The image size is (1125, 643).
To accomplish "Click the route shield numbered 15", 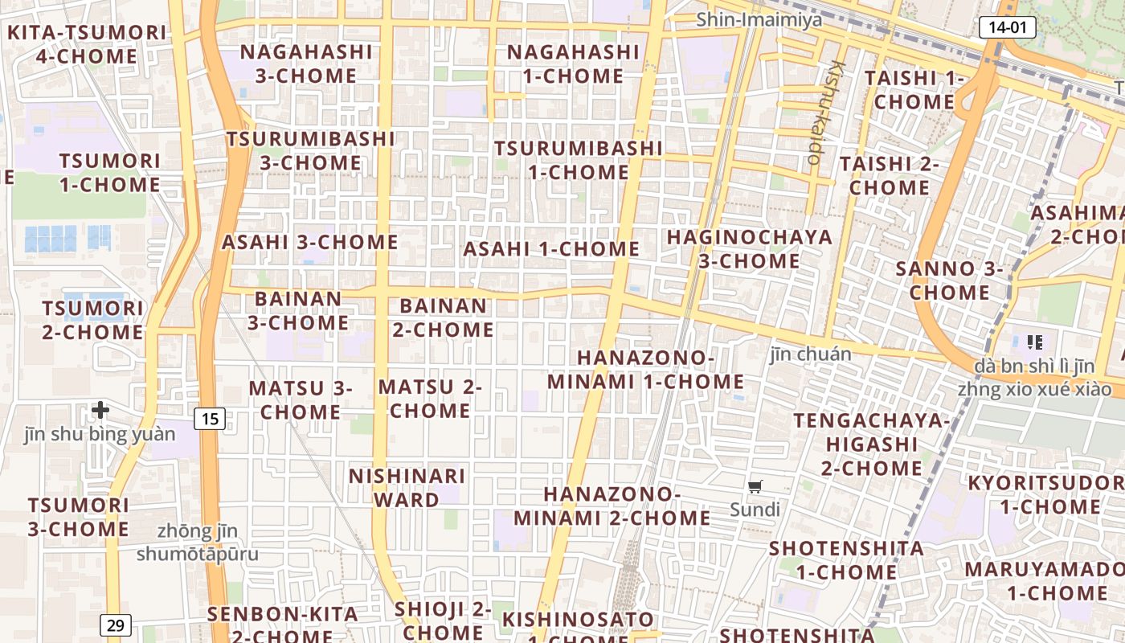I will [210, 419].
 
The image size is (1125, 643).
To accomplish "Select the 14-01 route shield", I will [1007, 27].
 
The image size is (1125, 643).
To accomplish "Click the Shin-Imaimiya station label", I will [759, 19].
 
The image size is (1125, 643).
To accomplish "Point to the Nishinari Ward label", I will [407, 488].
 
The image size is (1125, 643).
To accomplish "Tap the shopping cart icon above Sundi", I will [755, 486].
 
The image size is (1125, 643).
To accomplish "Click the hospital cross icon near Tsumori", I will [100, 411].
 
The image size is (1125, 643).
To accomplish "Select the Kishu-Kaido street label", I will [826, 113].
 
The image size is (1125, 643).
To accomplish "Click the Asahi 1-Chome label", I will [551, 249].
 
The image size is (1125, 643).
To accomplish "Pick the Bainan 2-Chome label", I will [443, 318].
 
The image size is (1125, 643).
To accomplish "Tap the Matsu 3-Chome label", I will [301, 400].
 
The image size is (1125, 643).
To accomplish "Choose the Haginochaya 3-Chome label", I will [749, 249].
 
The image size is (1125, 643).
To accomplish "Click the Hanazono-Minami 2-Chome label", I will [612, 506].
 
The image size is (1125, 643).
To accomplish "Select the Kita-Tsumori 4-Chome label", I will [87, 45].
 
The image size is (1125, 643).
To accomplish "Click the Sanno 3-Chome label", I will [949, 281].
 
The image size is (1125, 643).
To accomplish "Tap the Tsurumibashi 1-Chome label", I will [579, 160].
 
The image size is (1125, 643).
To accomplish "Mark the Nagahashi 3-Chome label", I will [306, 63].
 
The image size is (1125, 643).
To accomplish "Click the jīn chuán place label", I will [810, 354].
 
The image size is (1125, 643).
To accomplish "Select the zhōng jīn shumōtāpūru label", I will [198, 543].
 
